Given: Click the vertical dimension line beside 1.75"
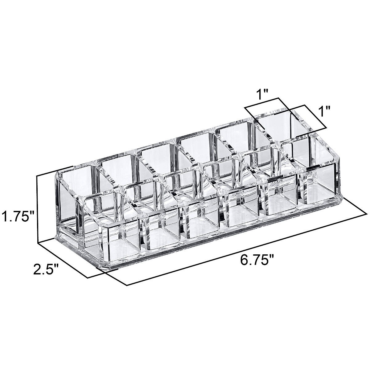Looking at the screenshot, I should (37, 210).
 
